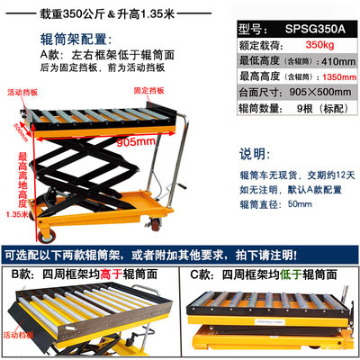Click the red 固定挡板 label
coord(149,92)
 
